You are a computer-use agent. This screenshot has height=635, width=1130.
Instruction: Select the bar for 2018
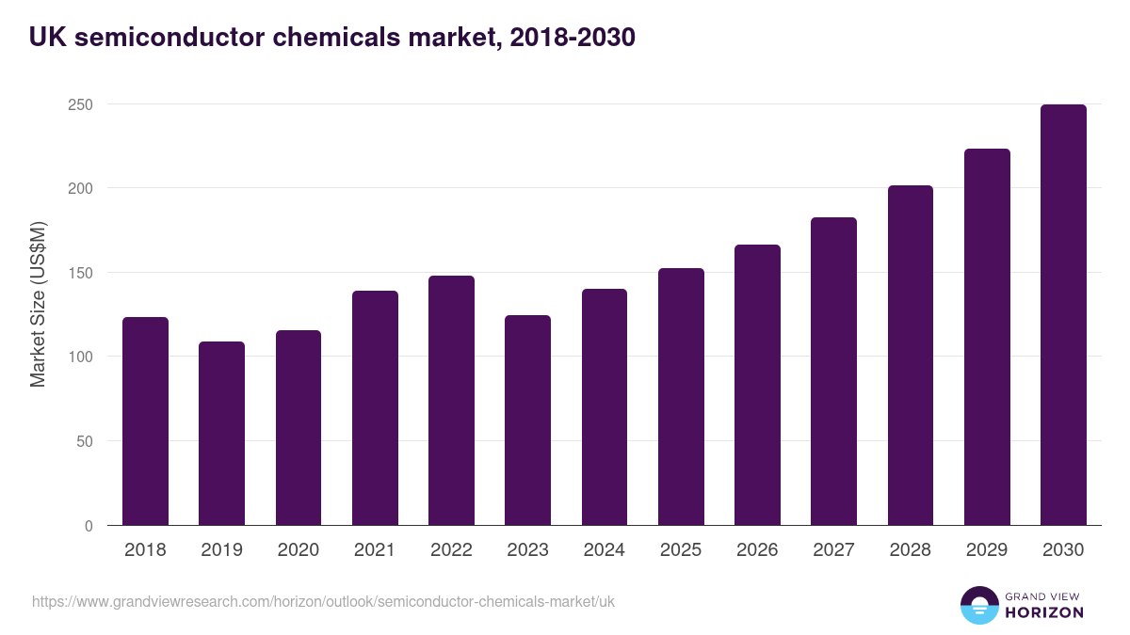145,421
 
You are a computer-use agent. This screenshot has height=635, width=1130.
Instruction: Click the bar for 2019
221,434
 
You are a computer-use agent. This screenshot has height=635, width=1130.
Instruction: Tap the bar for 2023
527,421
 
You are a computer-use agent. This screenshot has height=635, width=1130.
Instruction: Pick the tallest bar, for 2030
1063,315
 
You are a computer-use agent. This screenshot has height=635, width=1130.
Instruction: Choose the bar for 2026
757,385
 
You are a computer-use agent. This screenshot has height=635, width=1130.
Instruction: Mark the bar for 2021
375,408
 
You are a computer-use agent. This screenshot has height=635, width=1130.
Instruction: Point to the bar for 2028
910,356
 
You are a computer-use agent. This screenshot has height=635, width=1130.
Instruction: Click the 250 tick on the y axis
80,104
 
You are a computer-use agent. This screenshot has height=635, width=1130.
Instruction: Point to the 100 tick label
80,357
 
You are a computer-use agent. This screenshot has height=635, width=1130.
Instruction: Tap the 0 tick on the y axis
89,526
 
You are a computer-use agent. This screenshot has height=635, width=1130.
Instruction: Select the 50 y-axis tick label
84,441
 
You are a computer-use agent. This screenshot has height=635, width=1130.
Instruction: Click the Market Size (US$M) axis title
38,304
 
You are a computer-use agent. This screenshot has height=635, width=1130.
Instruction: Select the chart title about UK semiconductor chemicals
332,37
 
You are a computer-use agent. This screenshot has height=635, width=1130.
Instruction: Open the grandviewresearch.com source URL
323,601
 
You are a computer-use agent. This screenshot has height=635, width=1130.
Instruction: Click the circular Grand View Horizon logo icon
979,605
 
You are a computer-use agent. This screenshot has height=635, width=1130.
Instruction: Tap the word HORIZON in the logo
1044,612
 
